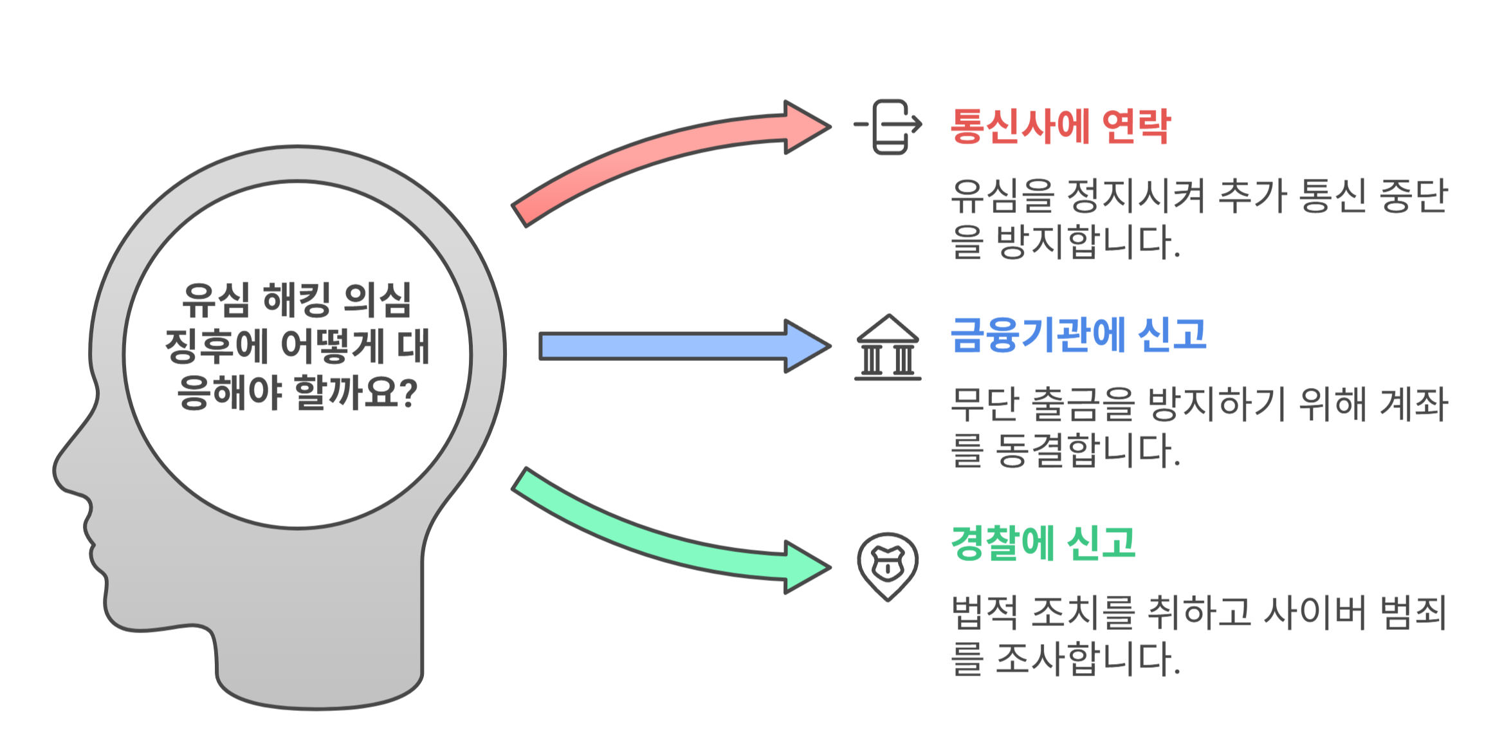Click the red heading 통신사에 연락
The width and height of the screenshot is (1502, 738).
tap(1060, 126)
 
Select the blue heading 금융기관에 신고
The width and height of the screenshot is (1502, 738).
tap(1078, 335)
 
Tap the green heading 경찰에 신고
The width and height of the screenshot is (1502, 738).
tap(1043, 544)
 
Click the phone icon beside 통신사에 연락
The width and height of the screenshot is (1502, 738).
tap(890, 127)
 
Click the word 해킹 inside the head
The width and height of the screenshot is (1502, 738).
tap(296, 300)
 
